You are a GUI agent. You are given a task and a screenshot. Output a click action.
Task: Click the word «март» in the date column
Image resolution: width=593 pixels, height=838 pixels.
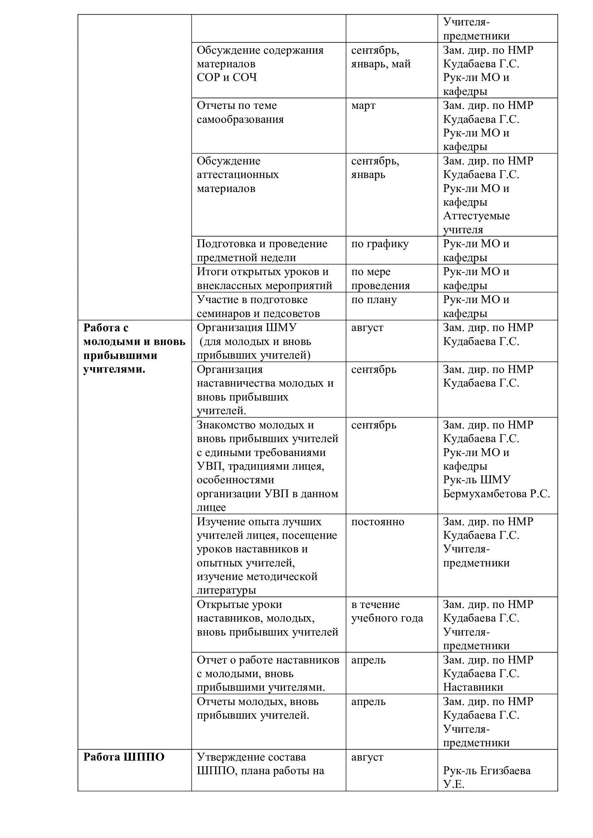tap(363, 105)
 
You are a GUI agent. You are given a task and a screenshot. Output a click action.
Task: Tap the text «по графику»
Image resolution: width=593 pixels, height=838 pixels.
tap(380, 244)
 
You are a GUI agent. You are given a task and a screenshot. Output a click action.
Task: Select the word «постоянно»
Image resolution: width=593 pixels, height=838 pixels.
tap(378, 522)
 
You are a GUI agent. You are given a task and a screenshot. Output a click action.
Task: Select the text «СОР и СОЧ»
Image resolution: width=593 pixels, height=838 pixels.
tap(227, 77)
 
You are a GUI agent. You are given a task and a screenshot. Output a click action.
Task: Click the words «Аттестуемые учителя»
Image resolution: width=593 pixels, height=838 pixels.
tap(476, 222)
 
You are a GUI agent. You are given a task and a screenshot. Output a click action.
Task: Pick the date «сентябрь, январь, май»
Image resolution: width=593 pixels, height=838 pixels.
tap(380, 57)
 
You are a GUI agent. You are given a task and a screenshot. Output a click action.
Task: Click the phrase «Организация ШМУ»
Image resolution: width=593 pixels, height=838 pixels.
tap(246, 327)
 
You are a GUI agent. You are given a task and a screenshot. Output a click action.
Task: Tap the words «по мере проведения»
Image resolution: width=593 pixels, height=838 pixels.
tap(380, 278)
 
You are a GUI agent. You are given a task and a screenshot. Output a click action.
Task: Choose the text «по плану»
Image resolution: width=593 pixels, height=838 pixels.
tap(374, 300)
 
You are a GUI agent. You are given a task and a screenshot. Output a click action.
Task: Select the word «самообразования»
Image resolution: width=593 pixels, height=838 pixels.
tap(240, 119)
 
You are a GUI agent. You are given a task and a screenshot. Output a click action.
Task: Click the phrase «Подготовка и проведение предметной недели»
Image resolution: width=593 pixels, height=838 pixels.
tap(262, 250)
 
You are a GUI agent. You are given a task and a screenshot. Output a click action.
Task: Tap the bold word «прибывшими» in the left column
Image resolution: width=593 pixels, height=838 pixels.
tap(120, 355)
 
